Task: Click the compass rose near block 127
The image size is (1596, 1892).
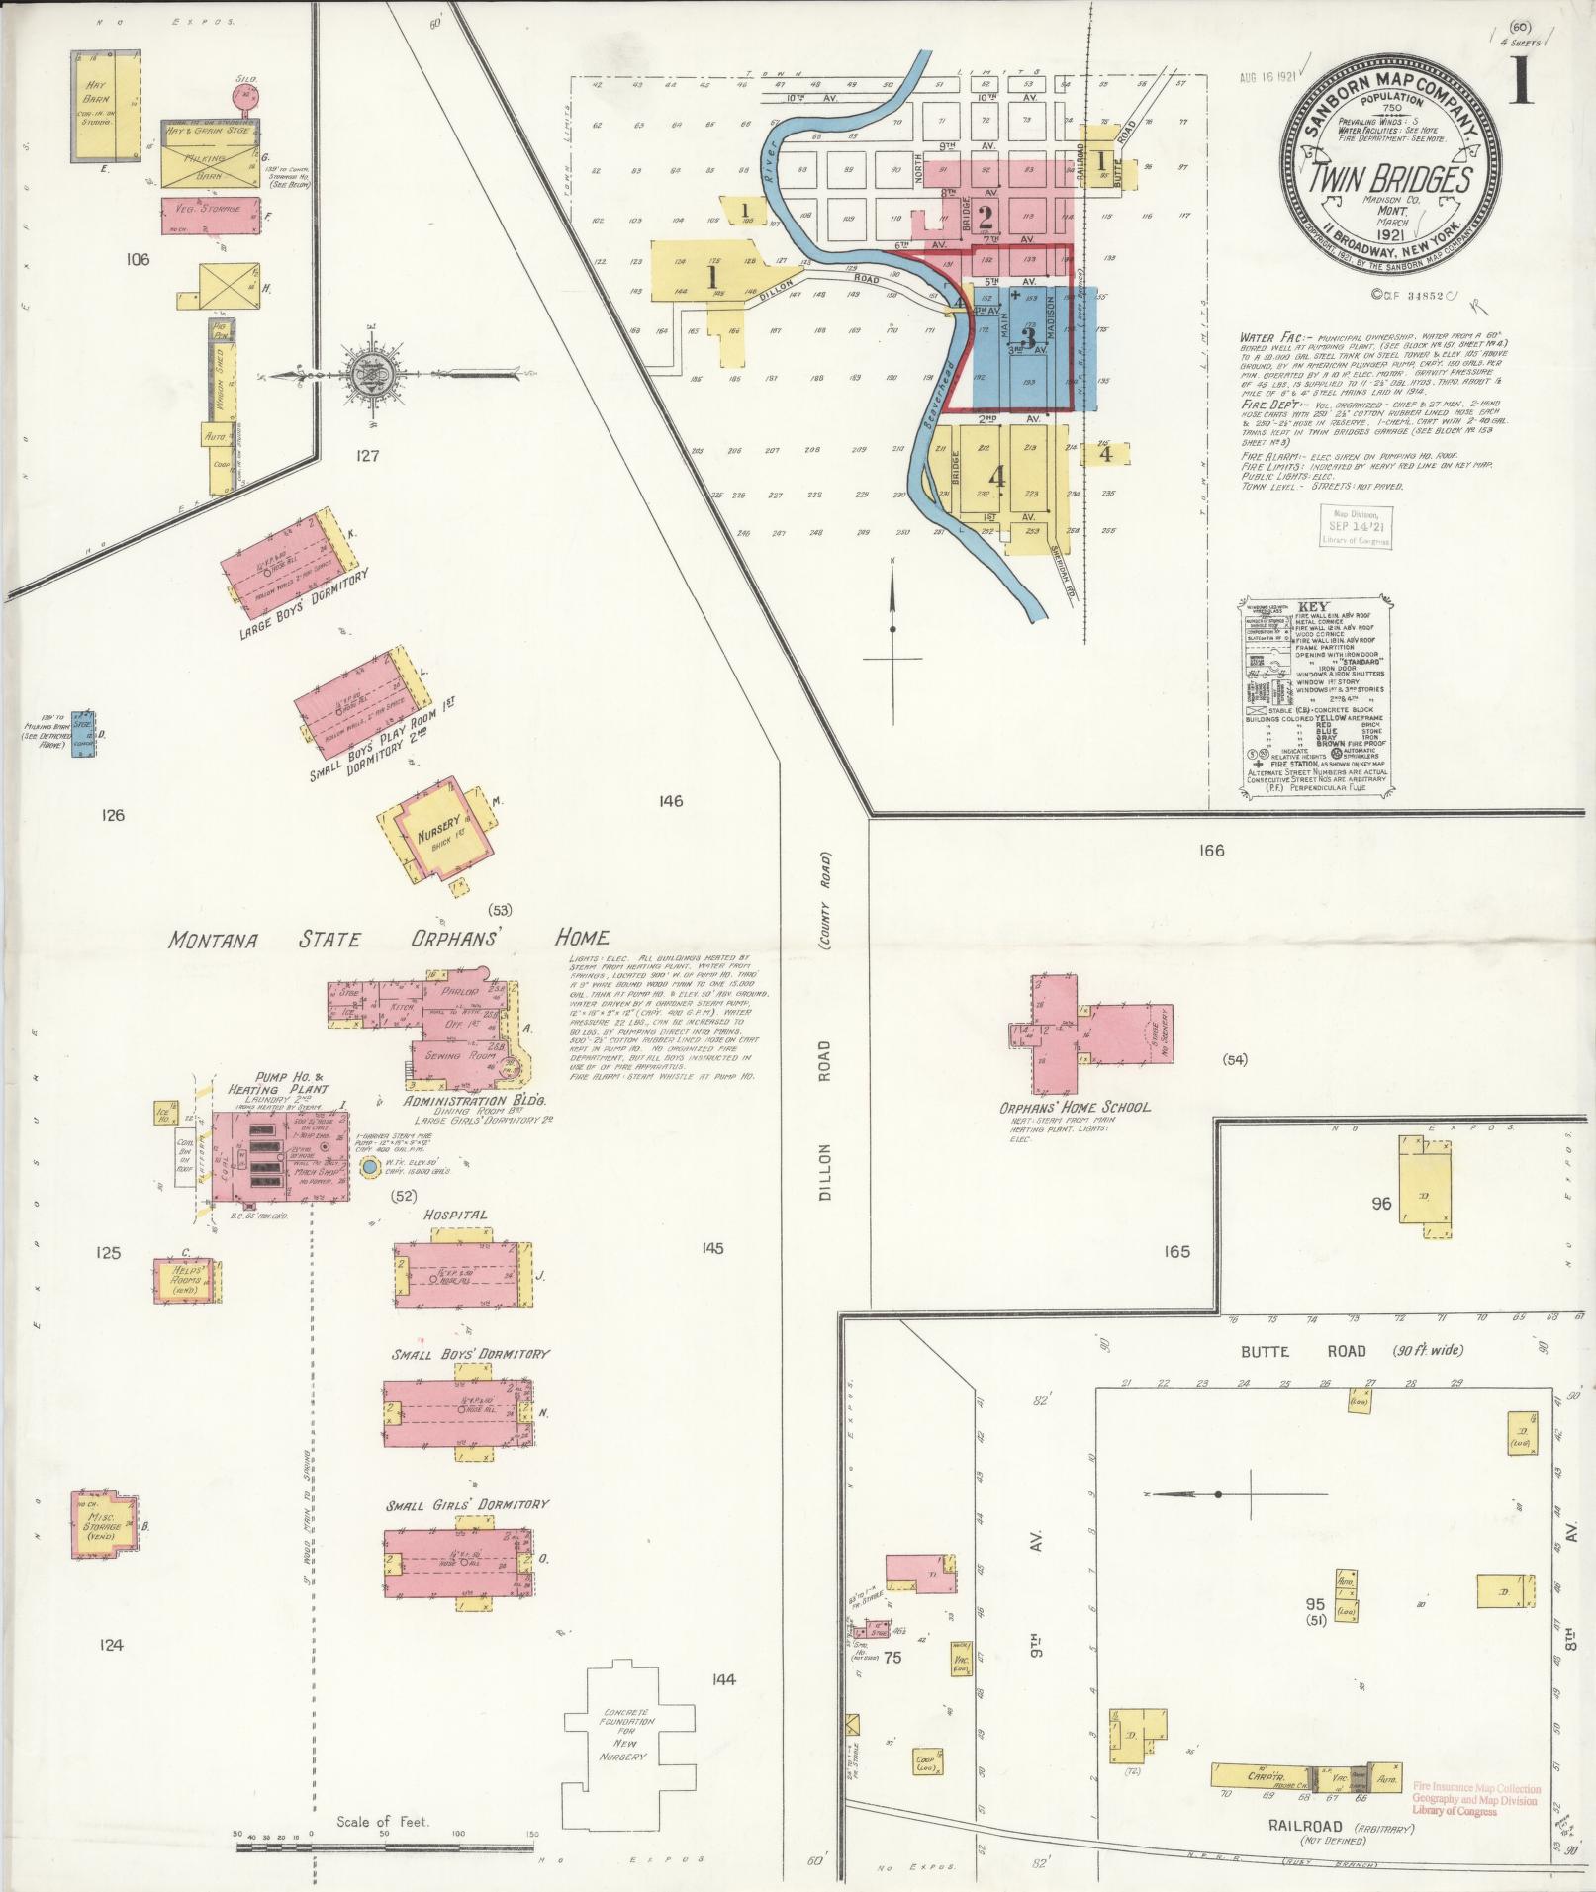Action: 377,374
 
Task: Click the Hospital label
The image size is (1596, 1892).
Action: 455,1215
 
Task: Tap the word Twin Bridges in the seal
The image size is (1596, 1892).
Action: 1391,179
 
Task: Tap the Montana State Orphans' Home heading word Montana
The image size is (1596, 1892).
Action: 212,940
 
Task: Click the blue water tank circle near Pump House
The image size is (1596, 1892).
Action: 370,1168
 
